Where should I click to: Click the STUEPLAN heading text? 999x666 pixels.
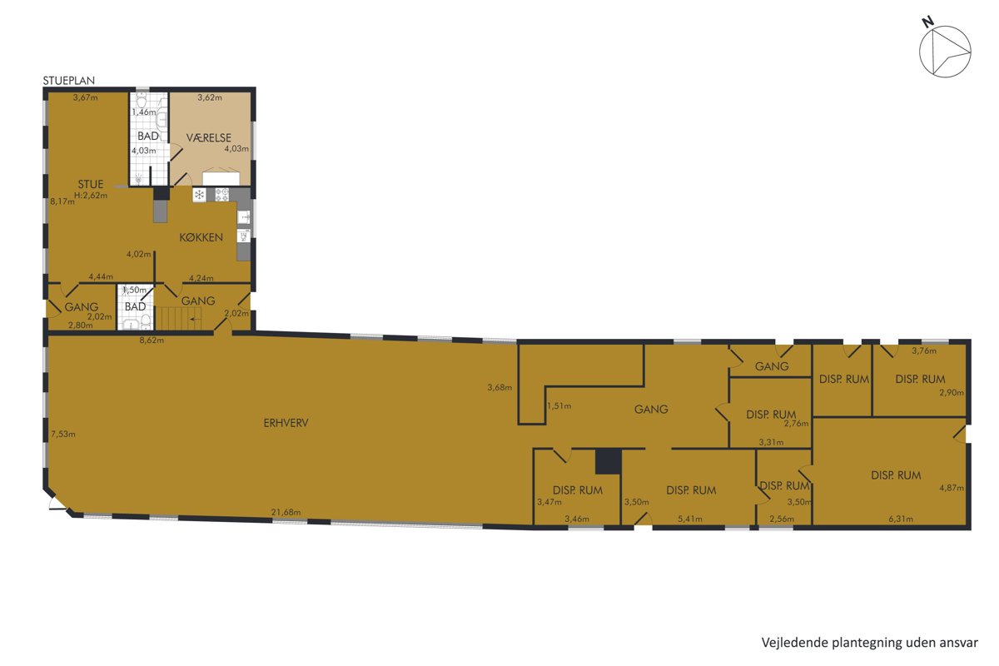(x=68, y=81)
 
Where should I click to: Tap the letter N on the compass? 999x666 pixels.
(x=927, y=22)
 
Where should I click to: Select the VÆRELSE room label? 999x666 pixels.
(x=209, y=138)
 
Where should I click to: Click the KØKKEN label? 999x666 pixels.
(x=201, y=237)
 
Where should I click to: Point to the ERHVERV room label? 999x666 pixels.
(x=286, y=423)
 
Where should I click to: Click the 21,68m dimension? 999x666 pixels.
(x=286, y=512)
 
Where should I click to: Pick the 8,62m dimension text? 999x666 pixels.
(x=152, y=340)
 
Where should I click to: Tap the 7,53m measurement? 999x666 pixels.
(x=63, y=434)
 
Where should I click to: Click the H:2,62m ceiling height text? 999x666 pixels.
(x=91, y=195)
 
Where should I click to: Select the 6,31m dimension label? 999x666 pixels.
(x=901, y=519)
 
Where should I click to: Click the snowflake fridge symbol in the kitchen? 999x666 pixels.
(x=199, y=195)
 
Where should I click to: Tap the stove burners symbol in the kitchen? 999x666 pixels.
(x=221, y=195)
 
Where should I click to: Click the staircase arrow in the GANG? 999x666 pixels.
(x=195, y=320)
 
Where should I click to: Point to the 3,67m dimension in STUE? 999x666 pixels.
(x=85, y=97)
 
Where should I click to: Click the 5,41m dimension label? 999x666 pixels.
(x=690, y=519)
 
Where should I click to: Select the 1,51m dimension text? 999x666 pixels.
(x=559, y=406)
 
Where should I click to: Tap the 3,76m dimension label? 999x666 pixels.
(x=924, y=350)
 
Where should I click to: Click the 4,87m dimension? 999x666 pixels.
(x=952, y=488)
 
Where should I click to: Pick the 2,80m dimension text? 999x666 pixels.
(x=80, y=326)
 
